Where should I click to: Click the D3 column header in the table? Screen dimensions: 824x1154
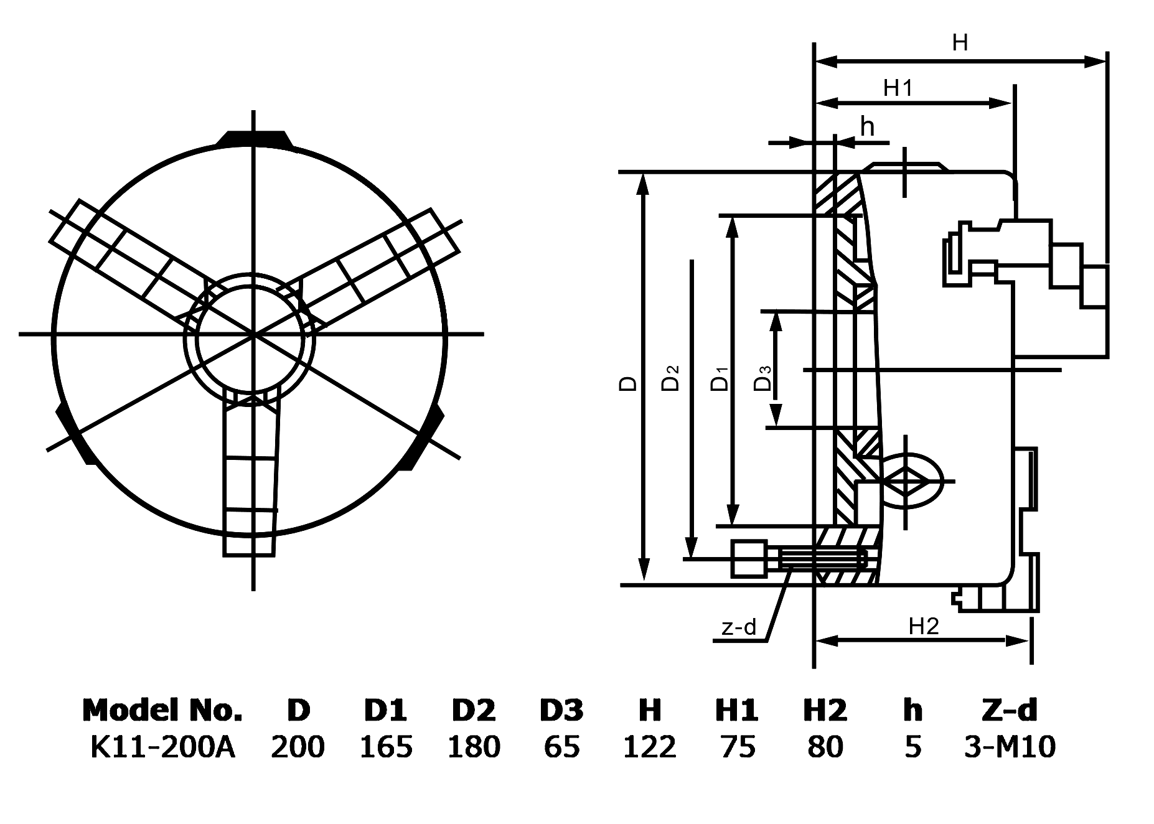[561, 710]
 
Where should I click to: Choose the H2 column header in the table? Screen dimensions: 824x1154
[825, 710]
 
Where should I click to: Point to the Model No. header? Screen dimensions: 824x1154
[162, 710]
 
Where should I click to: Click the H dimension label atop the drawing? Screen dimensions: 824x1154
[960, 43]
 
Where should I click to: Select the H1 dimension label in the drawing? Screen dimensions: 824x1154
[898, 88]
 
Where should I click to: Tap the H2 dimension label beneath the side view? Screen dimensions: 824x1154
[923, 626]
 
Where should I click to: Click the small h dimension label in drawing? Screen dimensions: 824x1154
[867, 127]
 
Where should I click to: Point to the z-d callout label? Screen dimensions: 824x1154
[739, 627]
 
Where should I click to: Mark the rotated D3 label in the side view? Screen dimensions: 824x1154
[763, 378]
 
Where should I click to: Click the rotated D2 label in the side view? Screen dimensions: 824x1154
[671, 377]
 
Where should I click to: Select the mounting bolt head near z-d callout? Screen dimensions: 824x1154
[749, 558]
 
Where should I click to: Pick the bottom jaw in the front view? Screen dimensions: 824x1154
[250, 479]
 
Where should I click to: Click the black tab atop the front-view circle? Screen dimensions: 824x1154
[253, 139]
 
